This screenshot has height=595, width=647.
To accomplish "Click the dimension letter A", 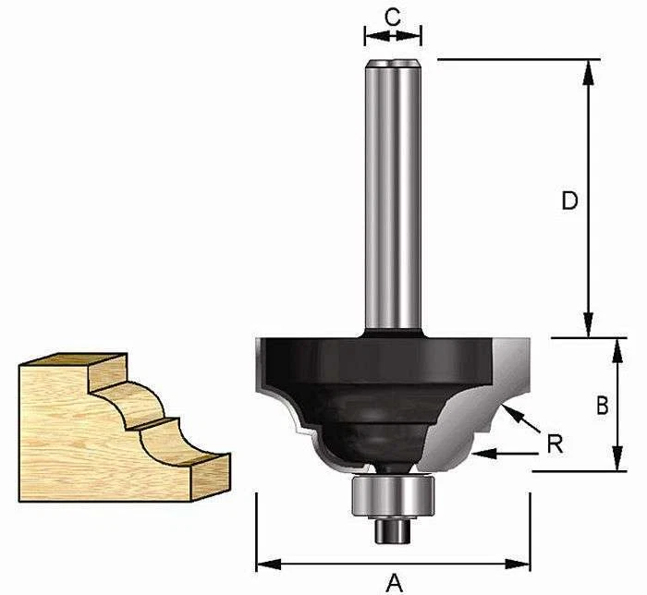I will tap(395, 582).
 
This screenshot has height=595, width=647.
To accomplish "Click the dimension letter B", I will tap(601, 405).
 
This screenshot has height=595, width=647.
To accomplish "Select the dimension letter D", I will tap(569, 200).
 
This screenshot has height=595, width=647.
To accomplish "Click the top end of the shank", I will tap(393, 66).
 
